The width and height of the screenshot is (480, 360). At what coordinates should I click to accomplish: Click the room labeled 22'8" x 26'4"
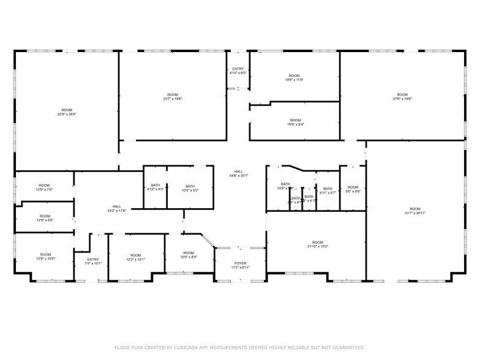tap(67, 112)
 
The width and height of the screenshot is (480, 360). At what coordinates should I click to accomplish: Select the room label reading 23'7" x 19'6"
tap(173, 97)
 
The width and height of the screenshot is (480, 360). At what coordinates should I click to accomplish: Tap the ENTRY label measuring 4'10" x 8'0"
tap(238, 71)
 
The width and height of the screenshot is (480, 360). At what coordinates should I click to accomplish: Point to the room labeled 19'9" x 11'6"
tap(294, 78)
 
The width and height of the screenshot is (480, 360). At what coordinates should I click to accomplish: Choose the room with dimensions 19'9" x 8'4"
tap(295, 122)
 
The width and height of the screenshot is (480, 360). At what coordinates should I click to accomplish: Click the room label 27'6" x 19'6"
tap(402, 97)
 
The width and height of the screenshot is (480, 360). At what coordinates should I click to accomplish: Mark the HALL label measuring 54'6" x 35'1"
tap(238, 174)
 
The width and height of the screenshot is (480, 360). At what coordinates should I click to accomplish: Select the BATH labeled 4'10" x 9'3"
tap(156, 188)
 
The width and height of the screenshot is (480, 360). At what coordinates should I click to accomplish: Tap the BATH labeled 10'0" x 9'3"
tap(190, 188)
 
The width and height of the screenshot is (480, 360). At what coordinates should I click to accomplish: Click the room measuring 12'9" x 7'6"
tap(44, 187)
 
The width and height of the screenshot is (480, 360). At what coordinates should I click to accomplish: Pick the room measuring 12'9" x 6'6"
tap(45, 218)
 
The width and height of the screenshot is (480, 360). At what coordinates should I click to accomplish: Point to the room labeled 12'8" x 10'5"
tap(45, 257)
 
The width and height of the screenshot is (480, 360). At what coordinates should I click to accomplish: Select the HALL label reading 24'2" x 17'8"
tap(116, 209)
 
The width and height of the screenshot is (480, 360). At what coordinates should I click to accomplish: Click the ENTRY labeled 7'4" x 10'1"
tap(93, 261)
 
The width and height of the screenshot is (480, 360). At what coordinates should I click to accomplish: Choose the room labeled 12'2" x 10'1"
tap(135, 257)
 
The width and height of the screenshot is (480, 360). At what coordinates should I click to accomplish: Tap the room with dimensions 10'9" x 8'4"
tap(189, 255)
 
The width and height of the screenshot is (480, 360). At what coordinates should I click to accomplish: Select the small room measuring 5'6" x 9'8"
tap(352, 189)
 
